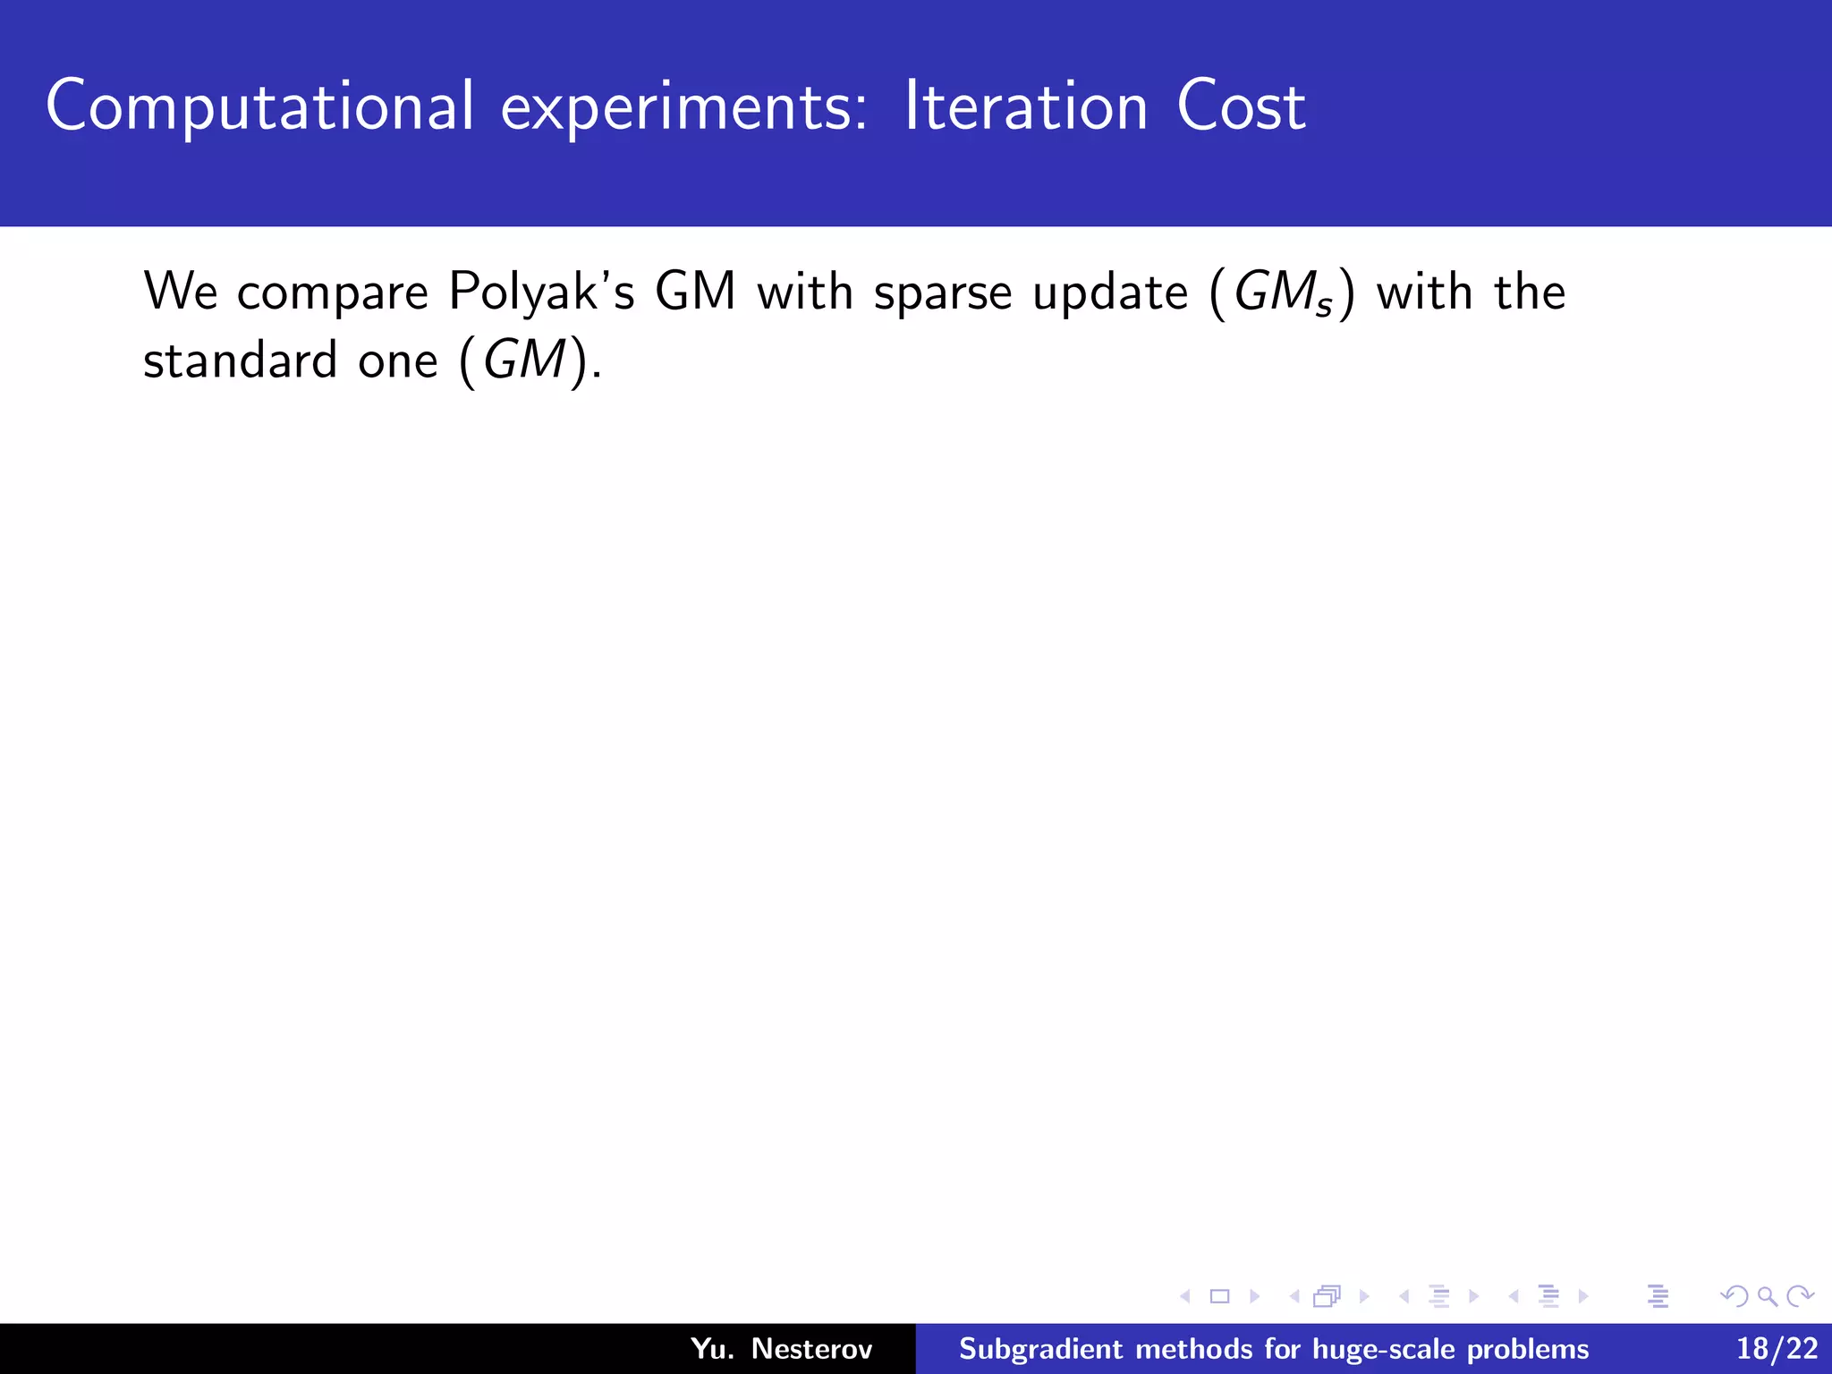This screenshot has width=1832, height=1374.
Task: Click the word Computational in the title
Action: (x=259, y=107)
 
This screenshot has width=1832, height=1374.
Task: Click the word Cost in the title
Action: (x=1241, y=107)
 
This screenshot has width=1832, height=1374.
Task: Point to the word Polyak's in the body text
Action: (x=541, y=293)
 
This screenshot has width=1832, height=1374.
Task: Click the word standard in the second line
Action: (x=240, y=360)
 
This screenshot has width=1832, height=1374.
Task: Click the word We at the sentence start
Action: (x=181, y=292)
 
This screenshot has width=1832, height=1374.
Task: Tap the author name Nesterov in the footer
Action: (x=811, y=1348)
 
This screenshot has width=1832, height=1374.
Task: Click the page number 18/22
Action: (x=1777, y=1348)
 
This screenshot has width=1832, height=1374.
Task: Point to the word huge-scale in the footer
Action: (x=1381, y=1349)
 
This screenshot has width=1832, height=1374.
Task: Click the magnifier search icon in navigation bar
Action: (x=1767, y=1296)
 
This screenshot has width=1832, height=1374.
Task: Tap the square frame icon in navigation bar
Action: (x=1219, y=1296)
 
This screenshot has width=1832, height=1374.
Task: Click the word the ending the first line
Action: (x=1530, y=293)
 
